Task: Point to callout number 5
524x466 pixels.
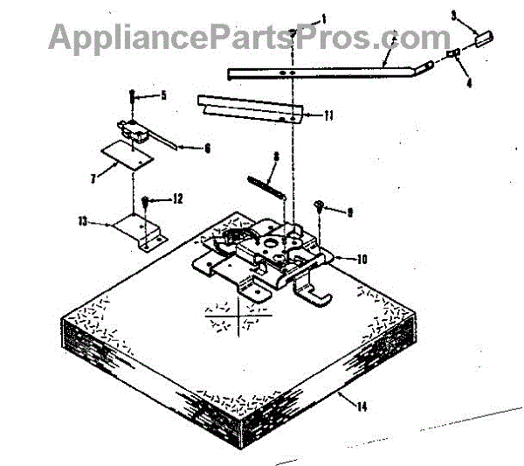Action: (x=162, y=94)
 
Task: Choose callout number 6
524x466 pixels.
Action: (x=206, y=149)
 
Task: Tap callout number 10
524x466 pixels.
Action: (x=362, y=260)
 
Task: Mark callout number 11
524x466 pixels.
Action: (x=328, y=115)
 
